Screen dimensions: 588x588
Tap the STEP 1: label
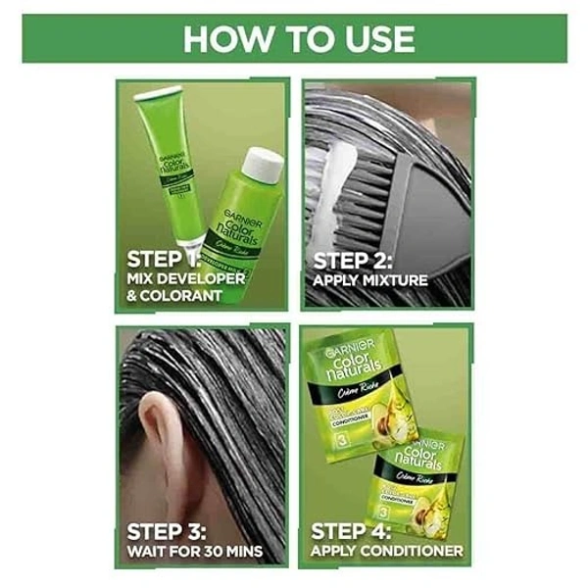(x=164, y=260)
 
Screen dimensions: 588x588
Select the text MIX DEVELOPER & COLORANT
(x=185, y=288)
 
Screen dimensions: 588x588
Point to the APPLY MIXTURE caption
(x=369, y=281)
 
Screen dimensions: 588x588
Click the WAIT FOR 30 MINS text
(x=194, y=552)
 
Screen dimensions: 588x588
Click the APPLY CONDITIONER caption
(x=386, y=552)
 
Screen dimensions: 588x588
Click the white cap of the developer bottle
(x=264, y=165)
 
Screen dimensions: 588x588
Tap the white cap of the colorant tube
(x=158, y=95)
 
